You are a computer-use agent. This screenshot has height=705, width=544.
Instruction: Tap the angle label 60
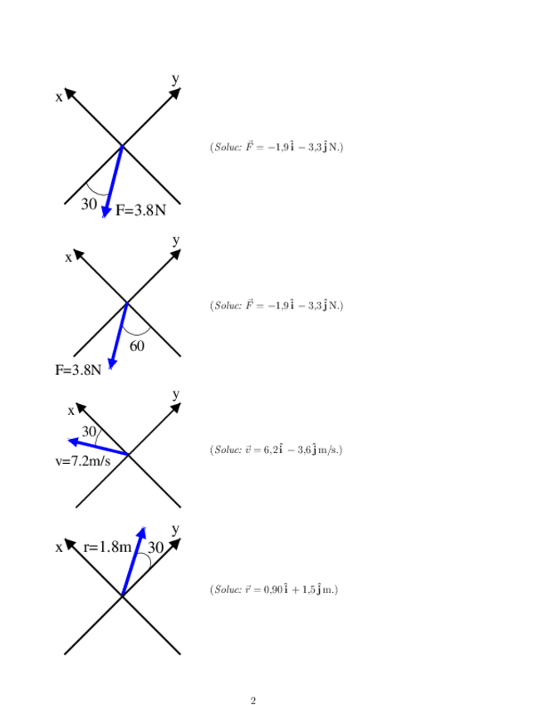coord(137,346)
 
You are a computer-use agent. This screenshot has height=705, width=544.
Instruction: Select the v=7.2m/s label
coord(83,460)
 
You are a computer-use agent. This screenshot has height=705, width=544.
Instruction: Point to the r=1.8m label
coord(108,547)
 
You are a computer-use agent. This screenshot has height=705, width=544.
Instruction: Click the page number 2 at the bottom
coord(253,701)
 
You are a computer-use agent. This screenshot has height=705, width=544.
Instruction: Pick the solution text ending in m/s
coord(276,450)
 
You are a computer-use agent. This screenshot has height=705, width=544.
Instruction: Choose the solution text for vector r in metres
coord(274,589)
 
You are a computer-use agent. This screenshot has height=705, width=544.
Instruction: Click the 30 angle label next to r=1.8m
coord(155,547)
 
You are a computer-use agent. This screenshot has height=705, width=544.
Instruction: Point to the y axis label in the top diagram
coord(175,79)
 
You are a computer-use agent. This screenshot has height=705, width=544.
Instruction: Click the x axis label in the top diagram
coord(59,96)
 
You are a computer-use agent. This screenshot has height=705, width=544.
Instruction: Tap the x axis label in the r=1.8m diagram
coord(59,547)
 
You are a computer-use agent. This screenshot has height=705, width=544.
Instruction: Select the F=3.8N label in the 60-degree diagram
coord(78,370)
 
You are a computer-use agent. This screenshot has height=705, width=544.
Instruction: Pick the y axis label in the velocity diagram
coord(175,393)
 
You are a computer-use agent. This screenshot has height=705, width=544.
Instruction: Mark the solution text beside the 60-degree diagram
coord(277,306)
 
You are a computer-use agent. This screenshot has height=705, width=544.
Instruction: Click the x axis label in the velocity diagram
coord(71,410)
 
